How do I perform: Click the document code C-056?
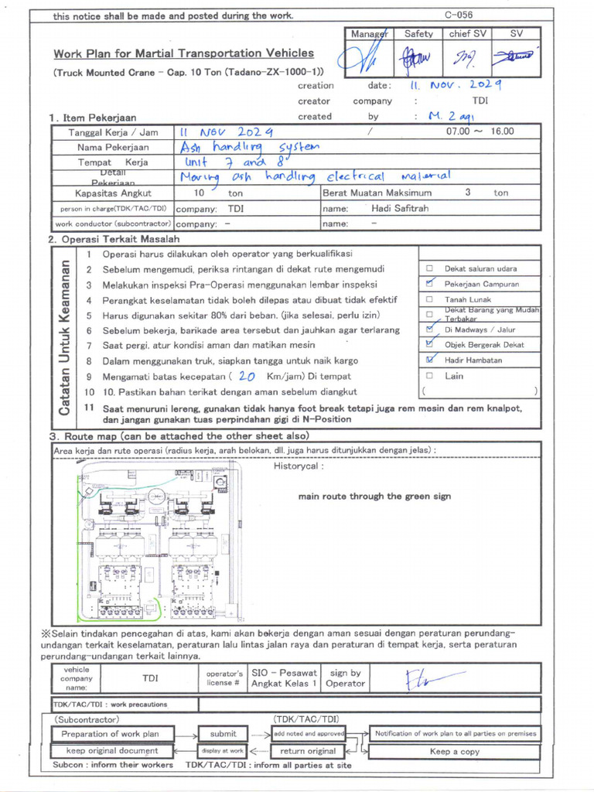[458, 15]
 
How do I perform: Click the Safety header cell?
[418, 34]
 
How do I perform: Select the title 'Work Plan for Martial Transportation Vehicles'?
[183, 53]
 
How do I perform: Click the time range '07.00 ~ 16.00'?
[480, 131]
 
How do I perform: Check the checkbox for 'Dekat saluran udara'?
[429, 268]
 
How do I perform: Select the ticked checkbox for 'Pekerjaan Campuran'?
[429, 284]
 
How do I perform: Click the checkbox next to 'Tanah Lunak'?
[429, 299]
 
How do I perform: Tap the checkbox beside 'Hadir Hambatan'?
[429, 360]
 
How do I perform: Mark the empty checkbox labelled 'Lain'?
[429, 376]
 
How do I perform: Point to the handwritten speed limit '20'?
[247, 377]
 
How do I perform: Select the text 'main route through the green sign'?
[374, 497]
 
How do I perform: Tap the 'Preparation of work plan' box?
[110, 734]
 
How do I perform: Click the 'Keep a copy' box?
[454, 751]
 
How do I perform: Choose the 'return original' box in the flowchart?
[308, 751]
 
